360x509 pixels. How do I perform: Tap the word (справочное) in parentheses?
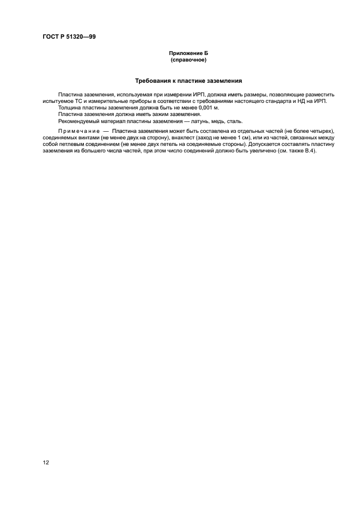tap(188, 60)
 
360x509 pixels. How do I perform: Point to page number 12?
tap(46, 462)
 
